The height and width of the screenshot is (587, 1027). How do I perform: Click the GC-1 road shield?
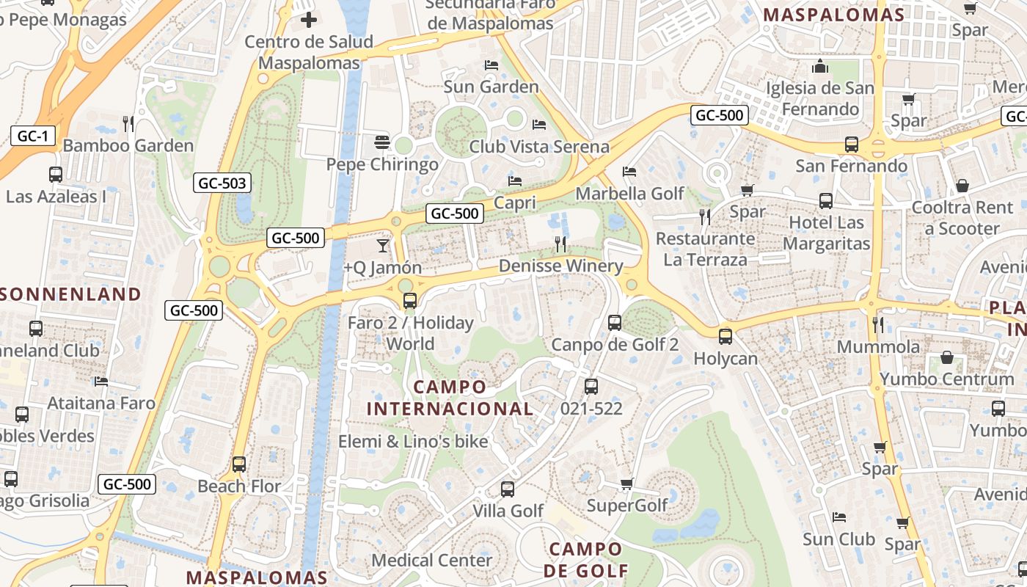coord(33,136)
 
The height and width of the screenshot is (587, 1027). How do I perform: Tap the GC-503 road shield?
coord(222,183)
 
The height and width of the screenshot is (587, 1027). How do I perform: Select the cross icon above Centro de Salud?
coord(309,19)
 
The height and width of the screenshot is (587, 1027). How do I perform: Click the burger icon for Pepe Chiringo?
coord(381,141)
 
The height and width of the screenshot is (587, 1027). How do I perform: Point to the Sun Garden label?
coord(491,87)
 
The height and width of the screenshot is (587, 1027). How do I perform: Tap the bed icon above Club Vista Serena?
coord(539,124)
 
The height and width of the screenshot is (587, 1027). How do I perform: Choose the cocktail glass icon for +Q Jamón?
coord(382,246)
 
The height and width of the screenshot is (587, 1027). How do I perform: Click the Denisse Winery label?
coord(560,266)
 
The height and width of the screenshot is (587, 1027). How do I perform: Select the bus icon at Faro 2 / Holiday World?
coord(410,300)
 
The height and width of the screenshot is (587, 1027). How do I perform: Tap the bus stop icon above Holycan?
coord(726,336)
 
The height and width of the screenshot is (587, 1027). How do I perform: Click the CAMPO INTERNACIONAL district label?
coord(450,398)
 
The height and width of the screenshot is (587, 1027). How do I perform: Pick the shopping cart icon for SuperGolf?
coord(627,484)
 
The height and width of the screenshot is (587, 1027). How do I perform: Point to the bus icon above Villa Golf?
coord(508,489)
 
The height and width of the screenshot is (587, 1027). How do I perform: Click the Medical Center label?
coord(431,560)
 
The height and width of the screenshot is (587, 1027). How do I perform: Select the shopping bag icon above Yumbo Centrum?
coord(947,357)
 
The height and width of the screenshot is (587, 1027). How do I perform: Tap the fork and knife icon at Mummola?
coord(878,324)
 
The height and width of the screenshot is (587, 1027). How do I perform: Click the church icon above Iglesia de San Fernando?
coord(820,67)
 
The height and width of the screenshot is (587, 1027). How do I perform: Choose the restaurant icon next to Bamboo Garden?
coord(128,123)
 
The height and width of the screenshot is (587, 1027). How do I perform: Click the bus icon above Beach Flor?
coord(239,464)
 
